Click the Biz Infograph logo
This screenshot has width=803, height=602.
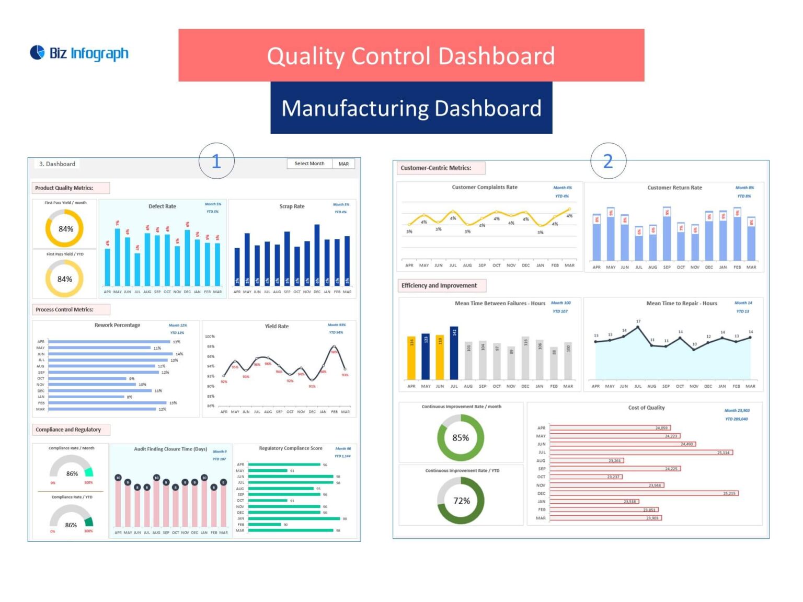point(79,53)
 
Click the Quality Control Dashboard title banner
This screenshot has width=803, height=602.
point(411,55)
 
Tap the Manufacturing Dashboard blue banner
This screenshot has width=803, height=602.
point(411,108)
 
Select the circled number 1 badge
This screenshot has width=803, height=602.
point(216,161)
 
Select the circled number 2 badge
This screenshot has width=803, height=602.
point(608,161)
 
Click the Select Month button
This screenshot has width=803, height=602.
point(309,164)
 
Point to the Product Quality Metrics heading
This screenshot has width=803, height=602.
point(64,188)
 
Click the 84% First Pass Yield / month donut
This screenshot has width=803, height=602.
point(65,229)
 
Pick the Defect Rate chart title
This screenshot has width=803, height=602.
point(162,206)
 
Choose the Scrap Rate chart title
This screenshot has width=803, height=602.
point(292,206)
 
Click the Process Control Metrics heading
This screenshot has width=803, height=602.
point(65,310)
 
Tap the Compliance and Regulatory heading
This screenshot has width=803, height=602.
point(68,430)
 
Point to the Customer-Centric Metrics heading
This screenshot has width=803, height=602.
point(436,168)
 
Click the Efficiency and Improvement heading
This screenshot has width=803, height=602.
point(439,286)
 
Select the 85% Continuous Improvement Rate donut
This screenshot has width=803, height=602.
point(461,438)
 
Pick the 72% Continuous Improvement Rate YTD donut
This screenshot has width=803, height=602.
point(461,501)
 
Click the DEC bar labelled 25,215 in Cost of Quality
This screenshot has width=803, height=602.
point(644,493)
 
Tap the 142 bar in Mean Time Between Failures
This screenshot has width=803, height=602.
point(454,353)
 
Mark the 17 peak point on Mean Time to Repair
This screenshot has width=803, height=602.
point(638,328)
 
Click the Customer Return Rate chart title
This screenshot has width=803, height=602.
point(674,188)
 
